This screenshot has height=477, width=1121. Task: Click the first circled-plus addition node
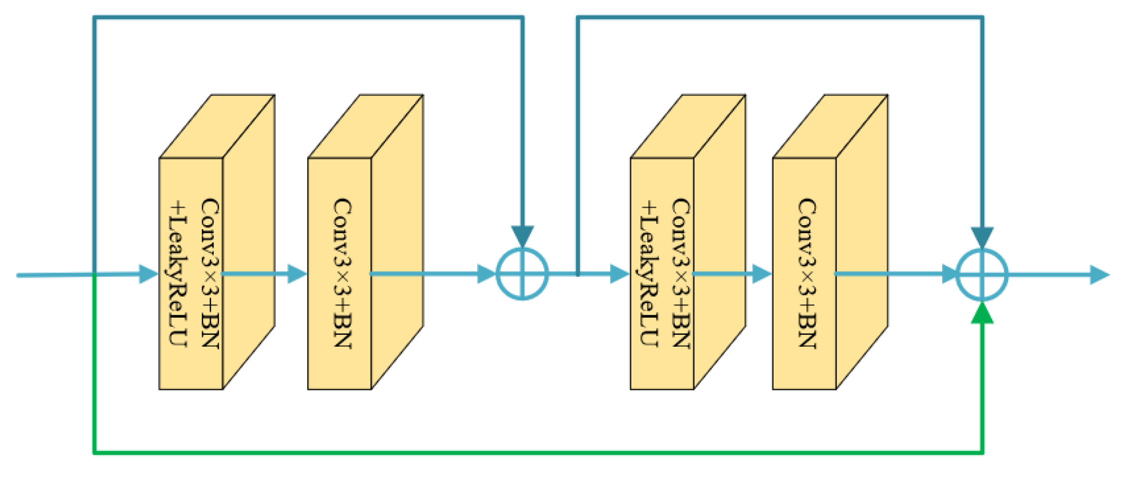pos(522,274)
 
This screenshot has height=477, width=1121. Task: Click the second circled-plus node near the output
pos(981,274)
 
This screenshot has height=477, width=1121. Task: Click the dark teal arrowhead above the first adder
pos(522,236)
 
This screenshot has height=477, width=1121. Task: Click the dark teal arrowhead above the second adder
pos(982,237)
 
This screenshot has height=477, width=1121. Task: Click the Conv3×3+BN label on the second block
pos(342,273)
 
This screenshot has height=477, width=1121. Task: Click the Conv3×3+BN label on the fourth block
pos(806,273)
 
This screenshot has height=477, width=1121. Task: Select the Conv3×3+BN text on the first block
pos(210,273)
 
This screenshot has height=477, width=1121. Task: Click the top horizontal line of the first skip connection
pos(305,18)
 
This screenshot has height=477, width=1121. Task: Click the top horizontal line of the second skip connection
pos(776,18)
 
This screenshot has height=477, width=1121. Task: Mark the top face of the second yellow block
pos(366,126)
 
